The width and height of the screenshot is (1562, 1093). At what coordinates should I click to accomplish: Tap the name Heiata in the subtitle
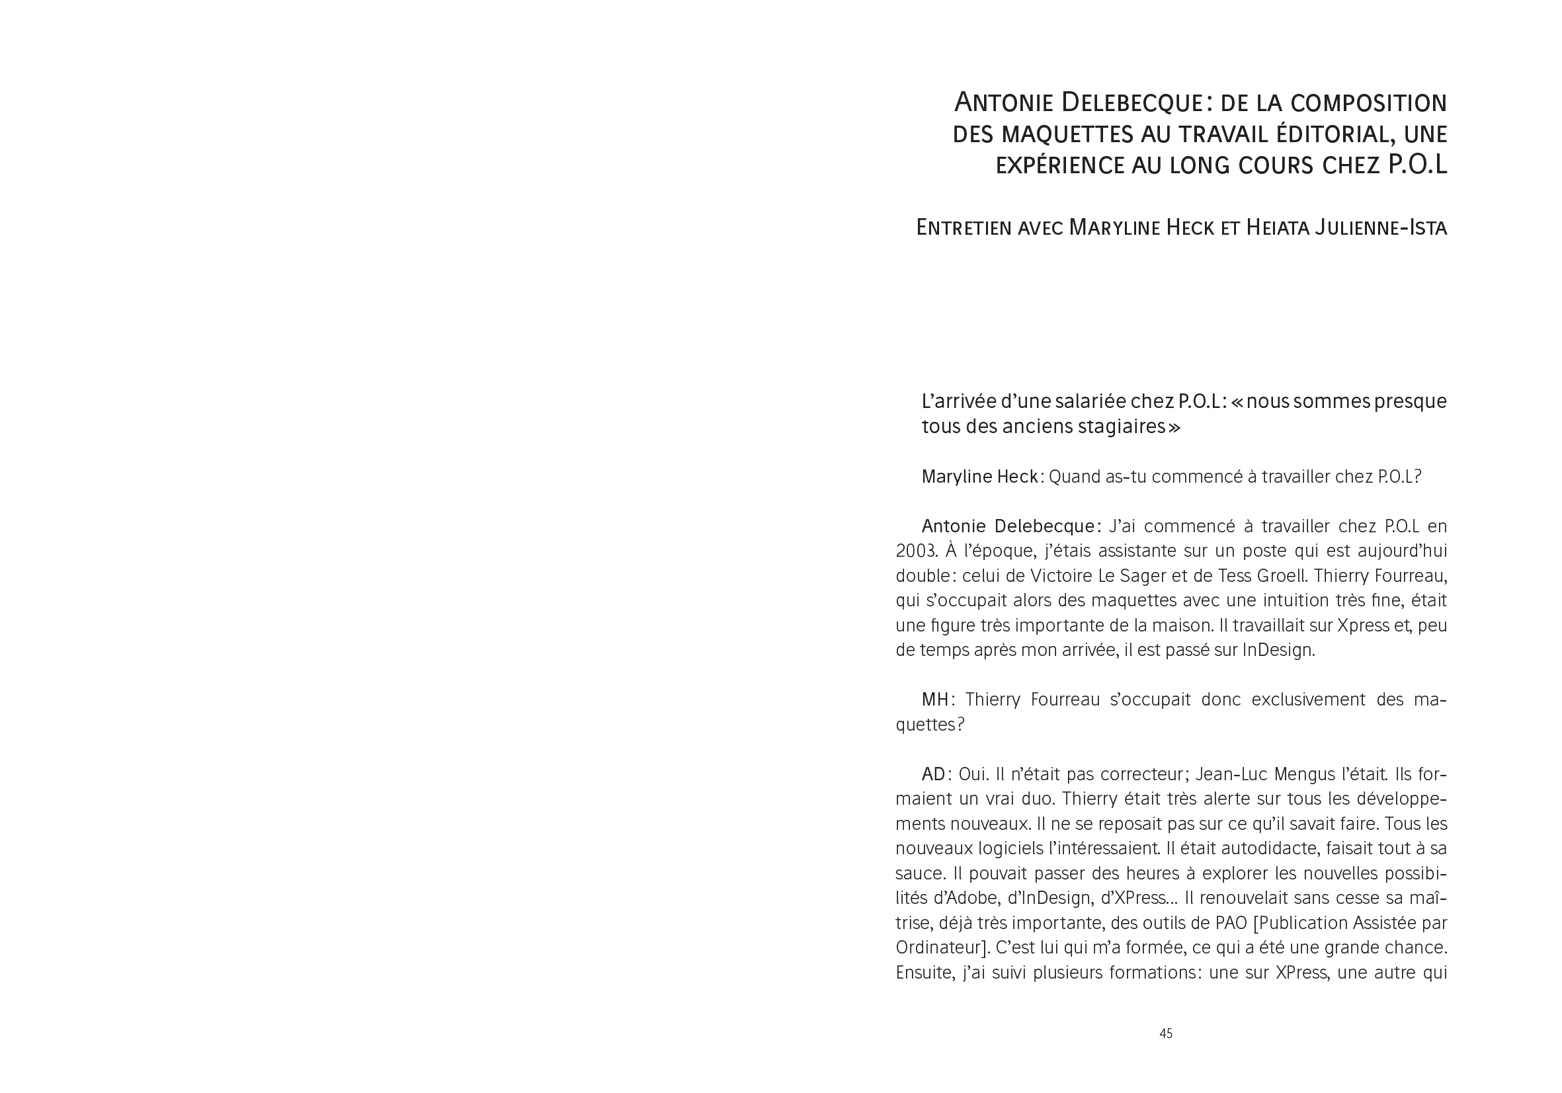point(1277,227)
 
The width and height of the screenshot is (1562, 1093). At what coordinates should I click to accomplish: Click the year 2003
point(917,551)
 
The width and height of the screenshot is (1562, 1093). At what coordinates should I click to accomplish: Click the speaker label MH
point(934,700)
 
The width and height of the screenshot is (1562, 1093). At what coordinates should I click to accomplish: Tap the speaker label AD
point(933,774)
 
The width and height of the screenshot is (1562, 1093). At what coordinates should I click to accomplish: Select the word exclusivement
point(1310,700)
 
